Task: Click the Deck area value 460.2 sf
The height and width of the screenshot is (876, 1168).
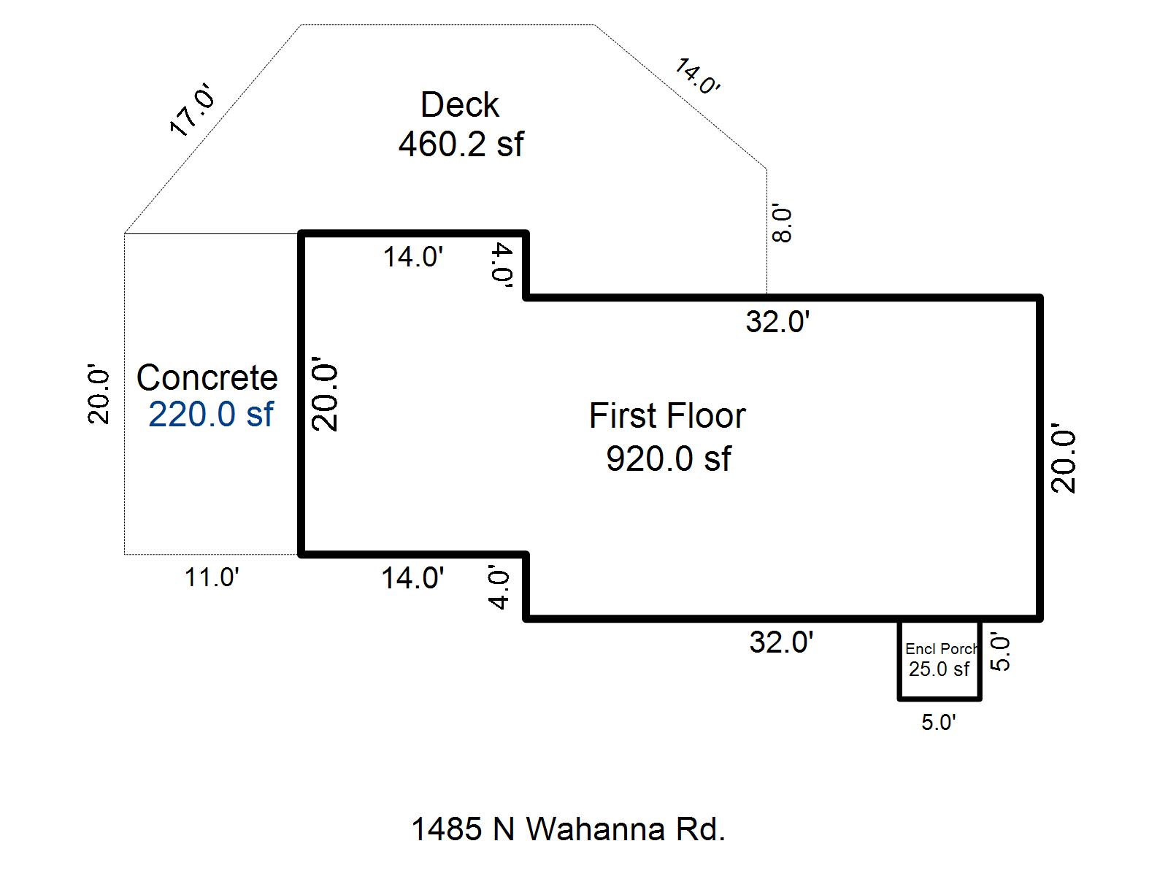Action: click(461, 145)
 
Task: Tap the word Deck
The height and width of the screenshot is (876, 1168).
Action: click(460, 105)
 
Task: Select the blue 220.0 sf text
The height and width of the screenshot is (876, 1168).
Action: click(210, 415)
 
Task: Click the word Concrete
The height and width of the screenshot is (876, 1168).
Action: click(207, 378)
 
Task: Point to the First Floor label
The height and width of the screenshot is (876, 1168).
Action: click(667, 416)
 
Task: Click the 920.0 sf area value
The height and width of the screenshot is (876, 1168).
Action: click(669, 459)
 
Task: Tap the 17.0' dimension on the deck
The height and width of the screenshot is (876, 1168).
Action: click(193, 111)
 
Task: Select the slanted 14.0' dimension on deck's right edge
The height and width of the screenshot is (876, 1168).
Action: click(697, 77)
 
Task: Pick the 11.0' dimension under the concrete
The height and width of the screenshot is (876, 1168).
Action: click(212, 577)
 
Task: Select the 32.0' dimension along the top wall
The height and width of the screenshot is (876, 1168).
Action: click(778, 322)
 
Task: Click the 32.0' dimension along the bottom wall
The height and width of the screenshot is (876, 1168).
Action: click(781, 642)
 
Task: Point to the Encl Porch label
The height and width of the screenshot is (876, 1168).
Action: click(941, 649)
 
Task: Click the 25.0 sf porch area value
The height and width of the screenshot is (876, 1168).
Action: click(939, 669)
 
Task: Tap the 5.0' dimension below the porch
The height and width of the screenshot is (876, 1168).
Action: click(938, 723)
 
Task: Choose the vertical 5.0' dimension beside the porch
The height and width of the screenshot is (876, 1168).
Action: click(1001, 653)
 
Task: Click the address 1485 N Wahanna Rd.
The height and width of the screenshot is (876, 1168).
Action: click(568, 829)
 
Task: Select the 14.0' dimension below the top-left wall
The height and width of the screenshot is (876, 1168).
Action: click(413, 257)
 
